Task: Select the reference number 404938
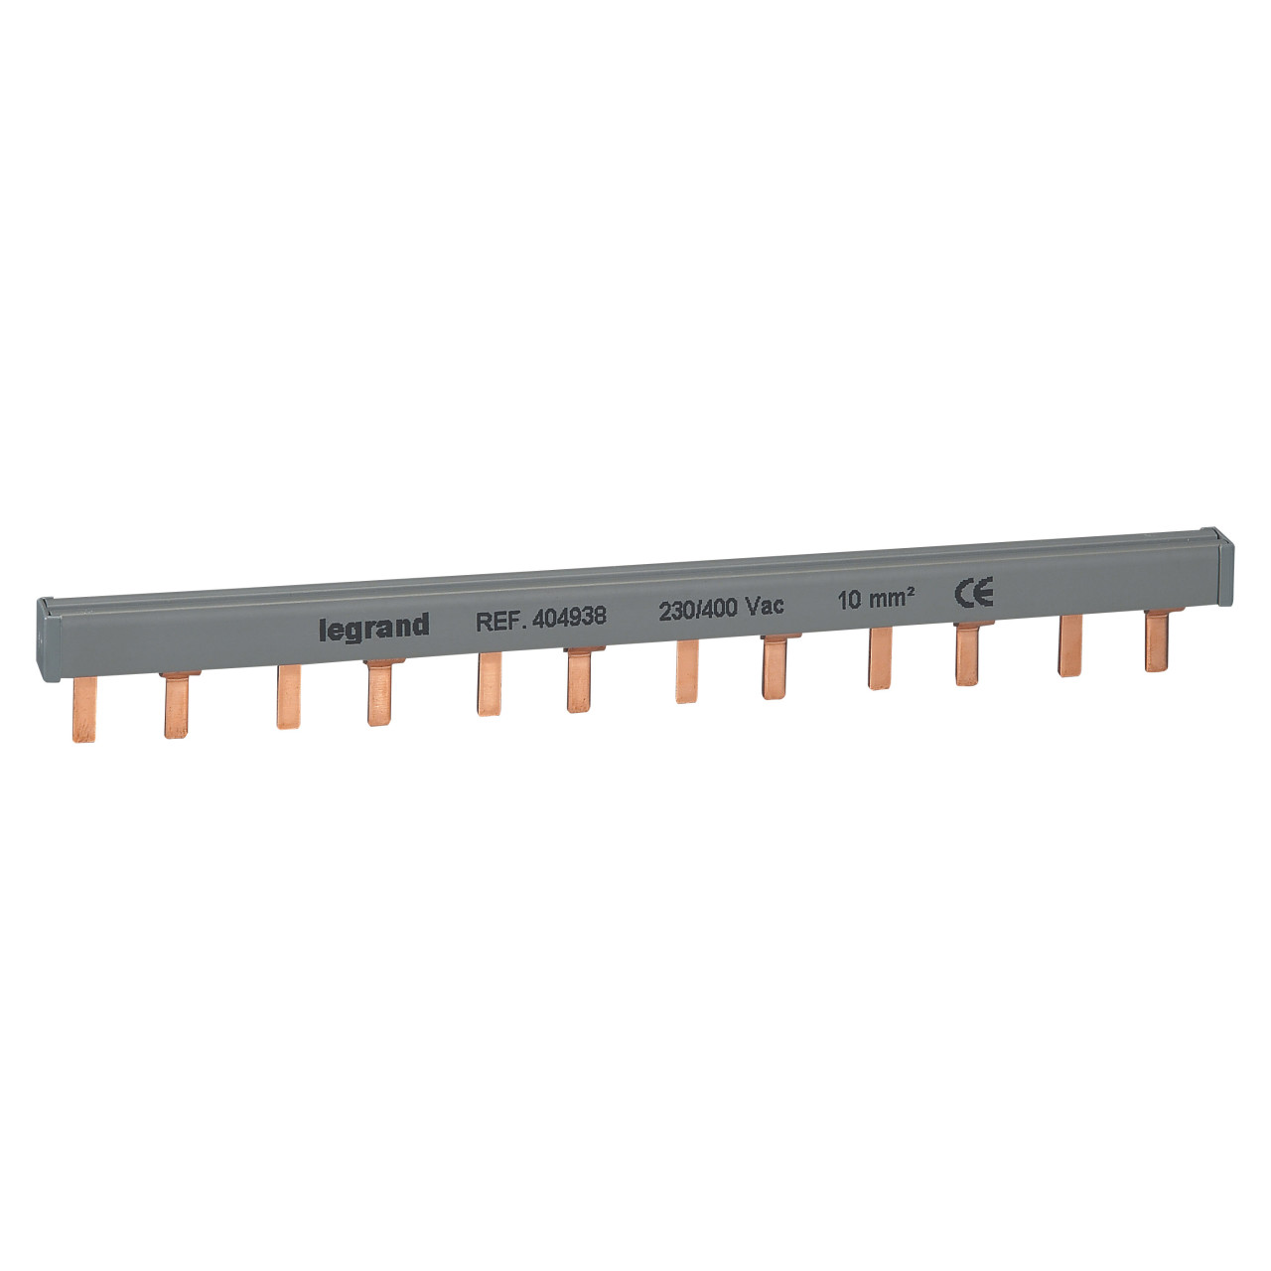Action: [569, 618]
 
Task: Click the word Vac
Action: [765, 608]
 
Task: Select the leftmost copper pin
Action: [85, 709]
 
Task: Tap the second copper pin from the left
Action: [177, 704]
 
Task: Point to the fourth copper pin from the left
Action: [377, 692]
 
